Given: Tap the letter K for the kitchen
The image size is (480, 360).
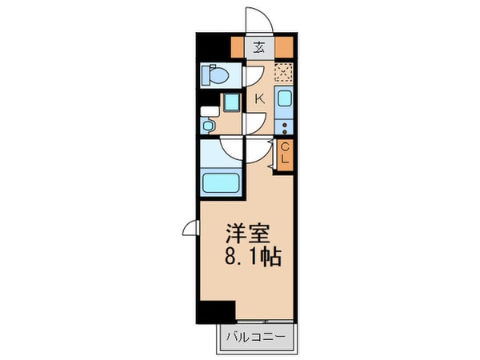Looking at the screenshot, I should point(259,99).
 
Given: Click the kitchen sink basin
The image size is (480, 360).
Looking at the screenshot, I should point(286,100).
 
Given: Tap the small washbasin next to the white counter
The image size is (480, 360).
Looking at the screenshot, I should point(209,126).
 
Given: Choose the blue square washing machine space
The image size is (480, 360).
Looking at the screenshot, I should point(231,102).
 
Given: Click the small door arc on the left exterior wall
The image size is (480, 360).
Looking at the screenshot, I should point(190,230).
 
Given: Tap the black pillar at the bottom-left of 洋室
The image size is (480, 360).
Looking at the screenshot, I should point(217,312).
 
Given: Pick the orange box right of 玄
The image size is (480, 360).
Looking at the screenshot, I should point(285,46).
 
